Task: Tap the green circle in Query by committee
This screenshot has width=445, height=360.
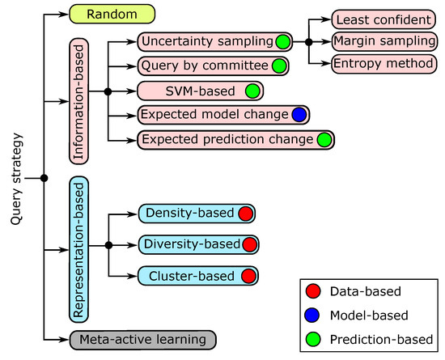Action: click(279, 66)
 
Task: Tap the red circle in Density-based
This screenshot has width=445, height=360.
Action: click(247, 214)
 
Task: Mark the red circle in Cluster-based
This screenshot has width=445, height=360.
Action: click(248, 276)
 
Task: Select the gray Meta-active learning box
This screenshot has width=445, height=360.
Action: click(143, 339)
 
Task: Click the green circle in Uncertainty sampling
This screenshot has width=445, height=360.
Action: click(282, 41)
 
